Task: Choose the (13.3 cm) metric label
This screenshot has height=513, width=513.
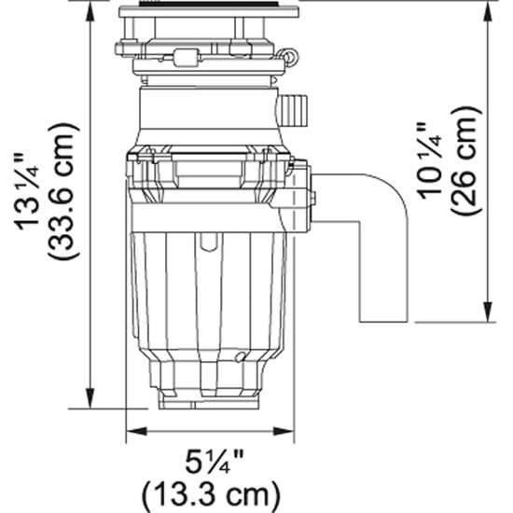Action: (x=210, y=491)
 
